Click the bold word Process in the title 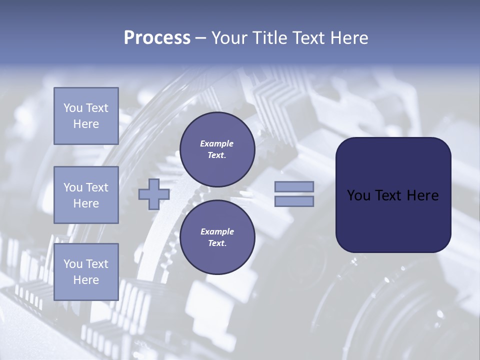point(157,38)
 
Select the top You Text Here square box point(86,116)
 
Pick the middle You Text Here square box point(86,195)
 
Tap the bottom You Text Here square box point(86,271)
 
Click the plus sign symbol point(153,194)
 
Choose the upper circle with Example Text point(217,149)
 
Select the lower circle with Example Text point(217,237)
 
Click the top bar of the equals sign point(294,186)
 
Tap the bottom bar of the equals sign point(294,201)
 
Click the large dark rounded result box point(393,194)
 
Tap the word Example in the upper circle point(216,143)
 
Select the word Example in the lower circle point(216,231)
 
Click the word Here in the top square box point(86,124)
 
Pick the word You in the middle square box point(73,187)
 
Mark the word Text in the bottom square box point(97,264)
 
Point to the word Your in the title point(229,38)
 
